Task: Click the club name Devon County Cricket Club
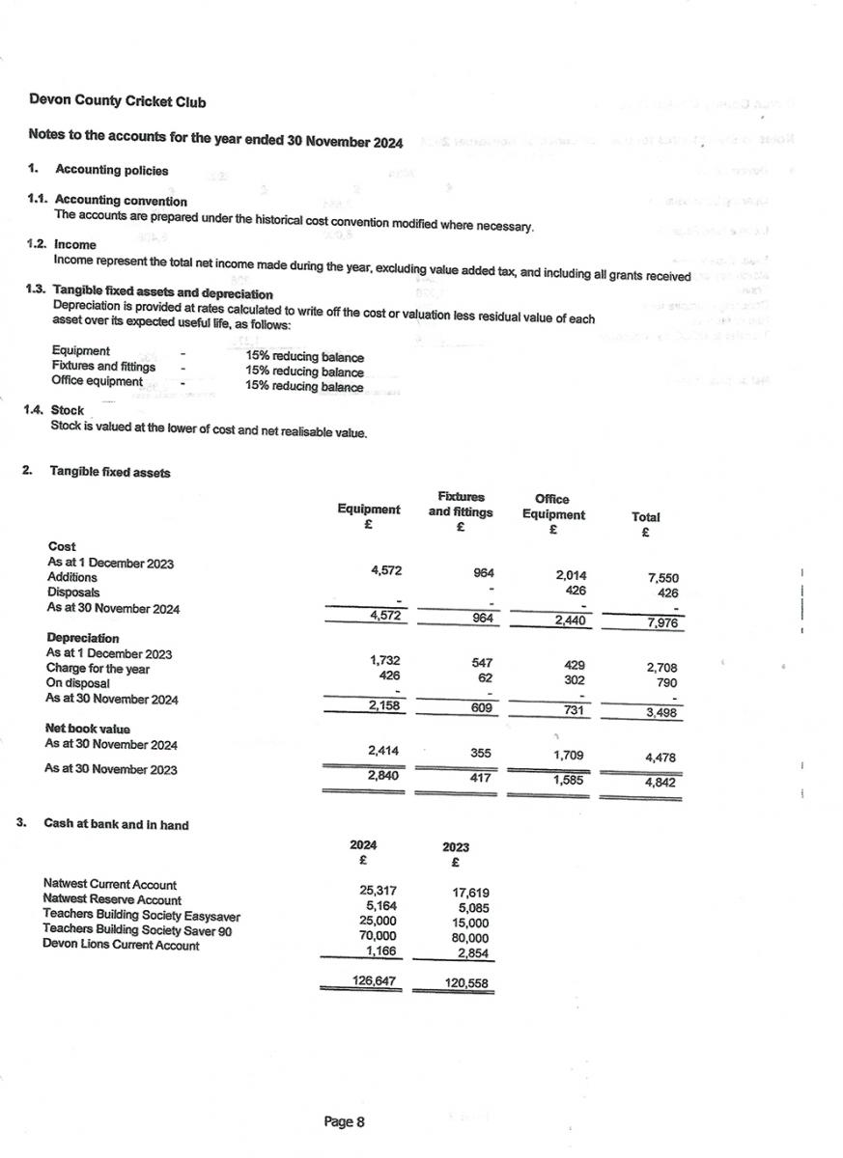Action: click(117, 101)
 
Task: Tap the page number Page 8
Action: click(344, 1121)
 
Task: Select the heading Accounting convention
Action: click(121, 201)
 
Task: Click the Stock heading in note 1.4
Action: click(67, 410)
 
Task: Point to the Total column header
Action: click(645, 517)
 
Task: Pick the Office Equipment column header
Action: click(553, 507)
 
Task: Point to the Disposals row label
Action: click(73, 593)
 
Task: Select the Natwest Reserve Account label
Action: click(112, 899)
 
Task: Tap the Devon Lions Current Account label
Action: click(121, 946)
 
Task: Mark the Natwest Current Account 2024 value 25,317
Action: click(379, 890)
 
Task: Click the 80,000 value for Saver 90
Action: click(470, 937)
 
